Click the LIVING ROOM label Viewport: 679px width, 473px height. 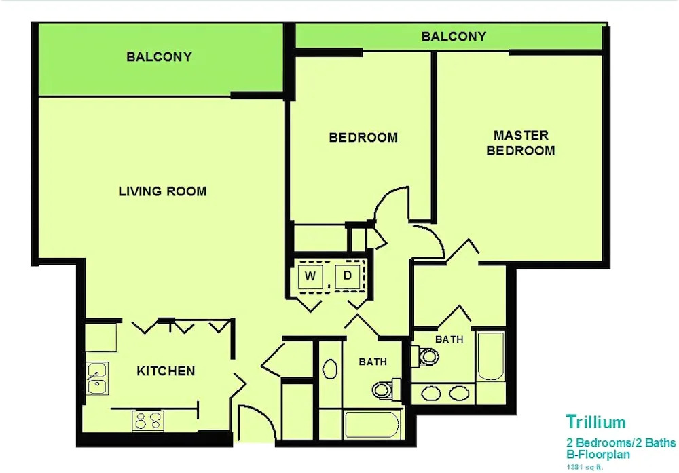(162, 191)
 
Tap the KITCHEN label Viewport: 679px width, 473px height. (166, 371)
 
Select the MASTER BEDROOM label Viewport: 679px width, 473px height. (521, 143)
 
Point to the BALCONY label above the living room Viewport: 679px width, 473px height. (159, 57)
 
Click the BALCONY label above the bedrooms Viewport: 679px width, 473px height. (454, 37)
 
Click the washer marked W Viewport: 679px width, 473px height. (310, 276)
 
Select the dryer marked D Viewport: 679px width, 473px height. (347, 276)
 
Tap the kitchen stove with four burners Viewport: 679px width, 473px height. (147, 421)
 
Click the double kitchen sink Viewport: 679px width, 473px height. (97, 379)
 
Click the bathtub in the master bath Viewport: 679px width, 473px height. (491, 356)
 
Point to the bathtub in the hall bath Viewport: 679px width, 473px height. (372, 425)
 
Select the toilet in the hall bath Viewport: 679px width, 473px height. (386, 390)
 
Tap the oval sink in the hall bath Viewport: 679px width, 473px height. (331, 369)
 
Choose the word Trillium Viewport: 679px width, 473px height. (596, 421)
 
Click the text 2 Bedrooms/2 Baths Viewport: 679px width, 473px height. (621, 442)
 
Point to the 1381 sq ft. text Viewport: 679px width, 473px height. (585, 467)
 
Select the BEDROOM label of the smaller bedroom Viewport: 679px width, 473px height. (363, 138)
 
